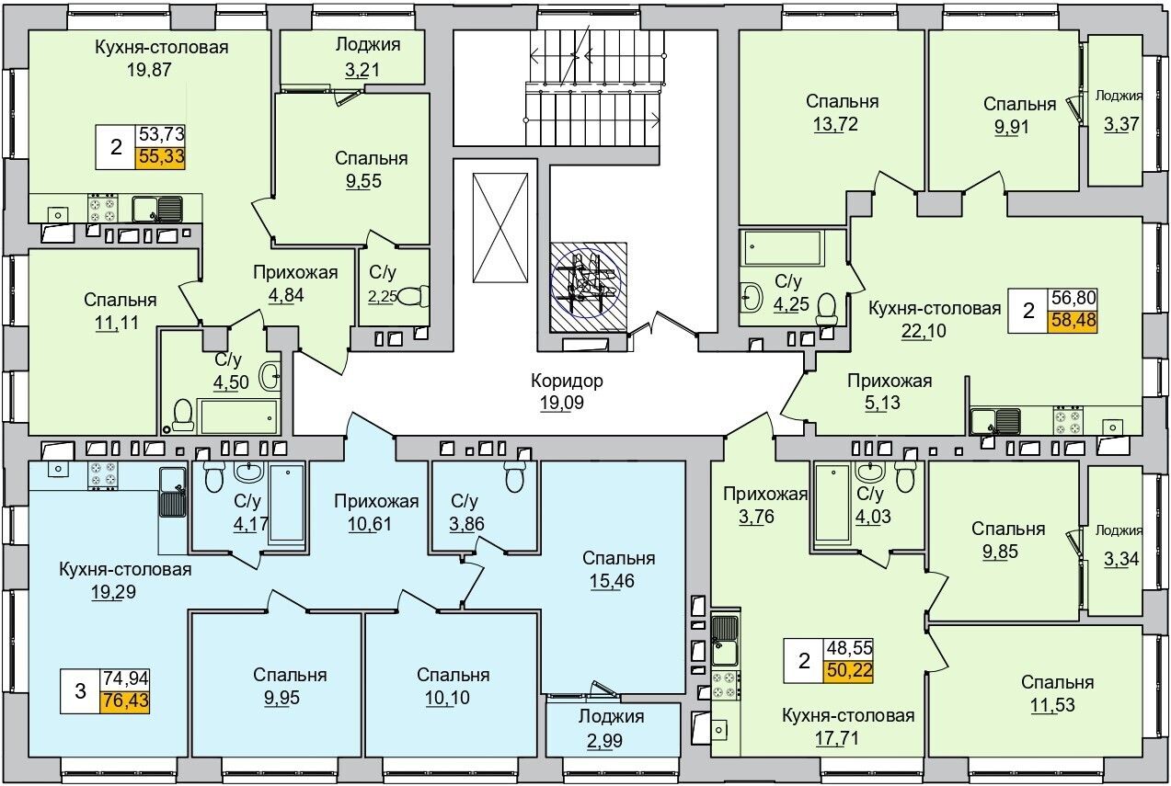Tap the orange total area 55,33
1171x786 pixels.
point(161,156)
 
